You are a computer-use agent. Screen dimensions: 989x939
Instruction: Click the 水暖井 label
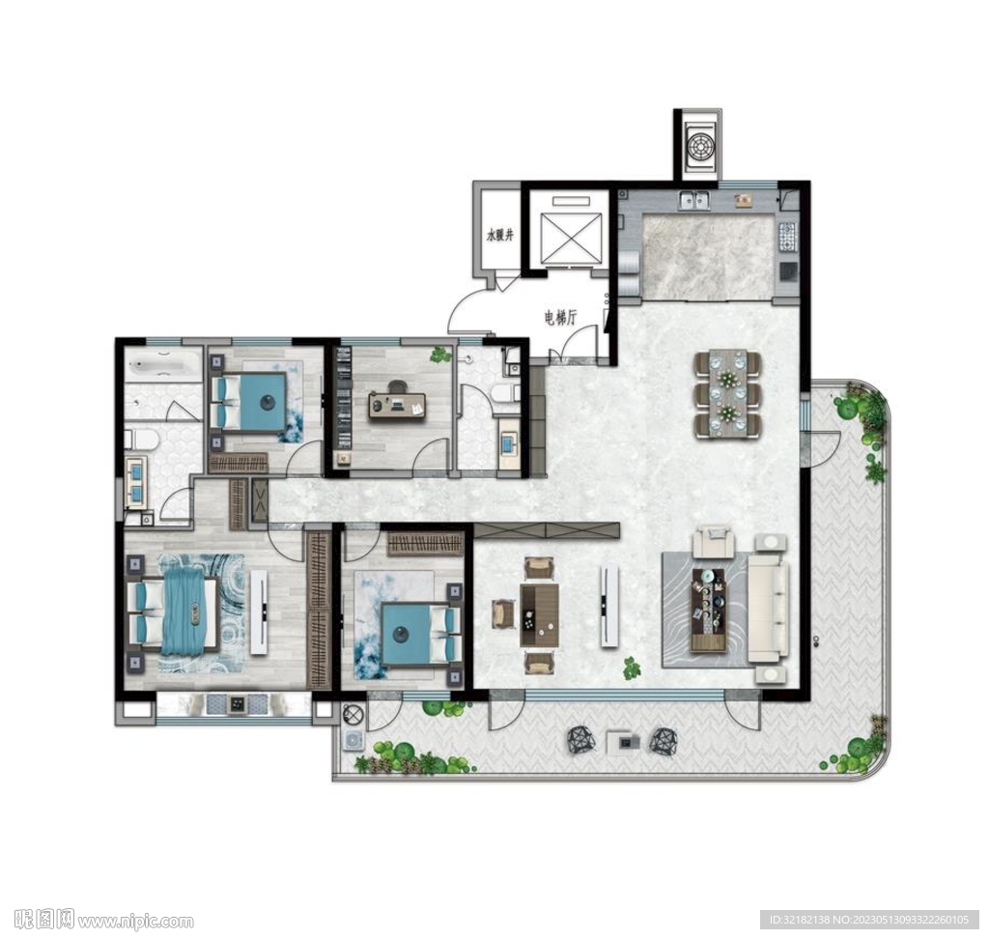499,236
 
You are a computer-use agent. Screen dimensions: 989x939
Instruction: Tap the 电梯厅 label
561,319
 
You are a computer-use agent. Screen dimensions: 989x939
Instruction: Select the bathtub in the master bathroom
162,366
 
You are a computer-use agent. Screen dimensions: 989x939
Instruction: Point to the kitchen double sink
695,200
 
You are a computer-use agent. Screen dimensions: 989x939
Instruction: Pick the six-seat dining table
728,394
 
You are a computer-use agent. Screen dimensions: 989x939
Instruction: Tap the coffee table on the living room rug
709,610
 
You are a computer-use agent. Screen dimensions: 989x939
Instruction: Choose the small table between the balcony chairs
623,742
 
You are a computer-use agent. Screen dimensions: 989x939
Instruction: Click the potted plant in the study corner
439,355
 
